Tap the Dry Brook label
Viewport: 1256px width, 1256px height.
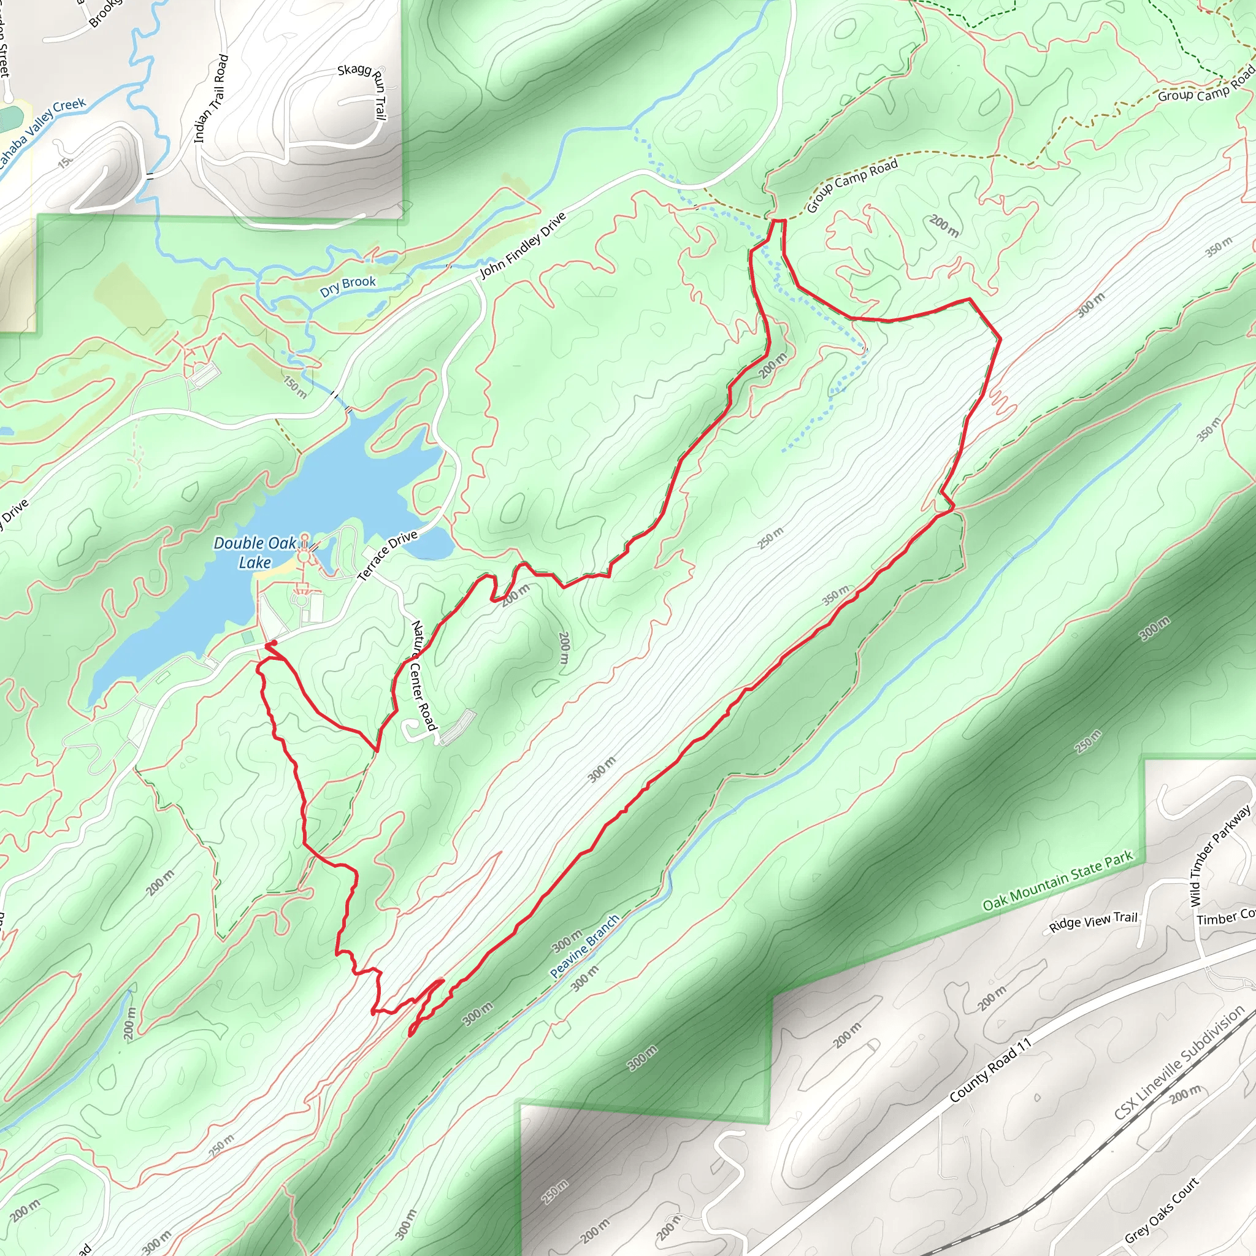pyautogui.click(x=348, y=285)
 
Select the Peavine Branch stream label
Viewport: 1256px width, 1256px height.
pyautogui.click(x=584, y=946)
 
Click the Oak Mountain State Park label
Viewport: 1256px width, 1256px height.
pyautogui.click(x=1058, y=881)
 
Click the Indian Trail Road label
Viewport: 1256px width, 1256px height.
pyautogui.click(x=212, y=99)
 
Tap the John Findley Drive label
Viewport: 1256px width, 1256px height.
pyautogui.click(x=523, y=246)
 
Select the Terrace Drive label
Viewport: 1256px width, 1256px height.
pyautogui.click(x=388, y=555)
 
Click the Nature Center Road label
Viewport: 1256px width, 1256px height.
pyautogui.click(x=423, y=675)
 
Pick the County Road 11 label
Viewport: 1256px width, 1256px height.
pyautogui.click(x=990, y=1071)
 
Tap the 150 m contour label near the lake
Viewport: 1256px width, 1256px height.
pyautogui.click(x=295, y=386)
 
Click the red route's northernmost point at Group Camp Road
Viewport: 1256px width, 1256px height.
pyautogui.click(x=778, y=221)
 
